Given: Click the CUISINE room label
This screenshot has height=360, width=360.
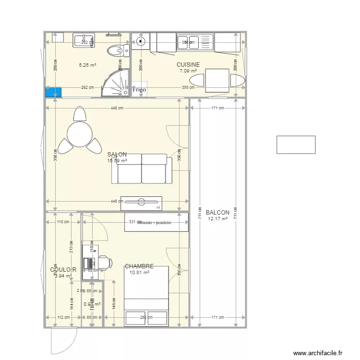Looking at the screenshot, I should [x=188, y=64].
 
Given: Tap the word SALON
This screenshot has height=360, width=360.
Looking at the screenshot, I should [x=117, y=155].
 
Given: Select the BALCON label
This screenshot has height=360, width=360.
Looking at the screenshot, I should [x=217, y=213].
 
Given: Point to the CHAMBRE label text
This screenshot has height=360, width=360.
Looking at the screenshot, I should [x=139, y=266].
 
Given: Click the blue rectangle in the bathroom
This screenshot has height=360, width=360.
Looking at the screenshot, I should [x=54, y=92].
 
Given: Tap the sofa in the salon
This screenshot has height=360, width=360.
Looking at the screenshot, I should [x=142, y=169].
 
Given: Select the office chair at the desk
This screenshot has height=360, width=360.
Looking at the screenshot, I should [x=105, y=262].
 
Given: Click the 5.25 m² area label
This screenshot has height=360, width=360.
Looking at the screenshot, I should [x=88, y=65].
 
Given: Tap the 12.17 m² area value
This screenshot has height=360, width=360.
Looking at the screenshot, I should [x=217, y=219].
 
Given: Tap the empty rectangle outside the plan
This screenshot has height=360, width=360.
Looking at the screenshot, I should [x=296, y=144].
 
